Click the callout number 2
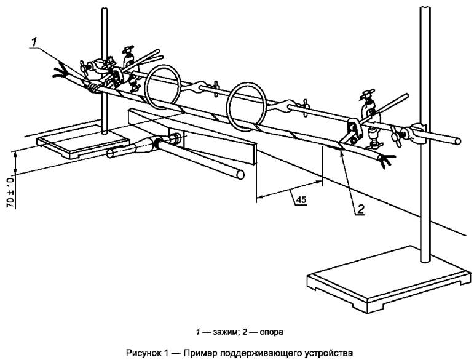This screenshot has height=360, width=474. point(361,208)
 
